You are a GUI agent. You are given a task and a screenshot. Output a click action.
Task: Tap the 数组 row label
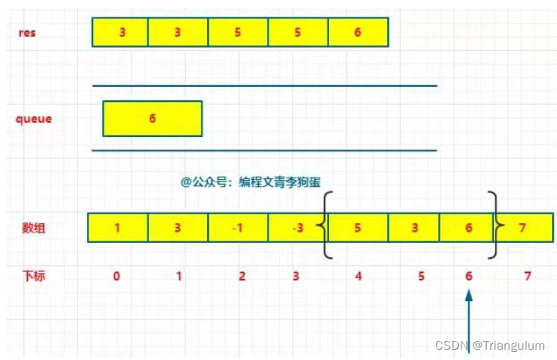coord(33,228)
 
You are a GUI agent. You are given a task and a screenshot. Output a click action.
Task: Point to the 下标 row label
coord(33,276)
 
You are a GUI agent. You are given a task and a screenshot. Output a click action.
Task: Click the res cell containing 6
coord(357,32)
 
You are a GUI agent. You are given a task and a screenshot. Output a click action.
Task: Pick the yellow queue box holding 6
coord(152,118)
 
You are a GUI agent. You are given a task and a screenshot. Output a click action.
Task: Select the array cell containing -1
coord(237,228)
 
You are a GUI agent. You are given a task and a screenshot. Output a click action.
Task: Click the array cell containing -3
coord(296,228)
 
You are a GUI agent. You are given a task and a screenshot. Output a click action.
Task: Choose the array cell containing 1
coord(117,228)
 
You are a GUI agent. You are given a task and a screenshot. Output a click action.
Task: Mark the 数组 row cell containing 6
coord(468,228)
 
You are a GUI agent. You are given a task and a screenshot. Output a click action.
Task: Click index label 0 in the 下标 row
coord(117,276)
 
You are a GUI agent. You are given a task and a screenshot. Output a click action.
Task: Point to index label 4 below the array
coord(358,276)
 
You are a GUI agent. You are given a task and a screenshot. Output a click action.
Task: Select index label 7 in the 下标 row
coord(527,276)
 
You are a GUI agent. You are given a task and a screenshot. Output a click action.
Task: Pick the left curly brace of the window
coord(325,225)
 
